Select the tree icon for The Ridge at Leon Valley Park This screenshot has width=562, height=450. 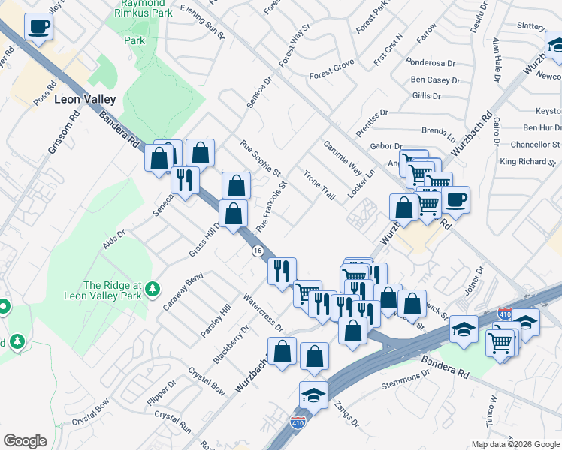(153, 289)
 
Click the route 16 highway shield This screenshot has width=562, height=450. (258, 250)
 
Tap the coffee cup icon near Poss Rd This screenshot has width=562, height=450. (38, 27)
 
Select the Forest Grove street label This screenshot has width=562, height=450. (331, 70)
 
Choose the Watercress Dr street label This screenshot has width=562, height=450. (262, 313)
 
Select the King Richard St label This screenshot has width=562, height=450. (529, 161)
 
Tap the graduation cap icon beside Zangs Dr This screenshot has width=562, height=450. (313, 394)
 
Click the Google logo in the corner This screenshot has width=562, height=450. (25, 441)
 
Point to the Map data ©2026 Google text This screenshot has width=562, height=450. (515, 444)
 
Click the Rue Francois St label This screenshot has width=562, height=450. (271, 206)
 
